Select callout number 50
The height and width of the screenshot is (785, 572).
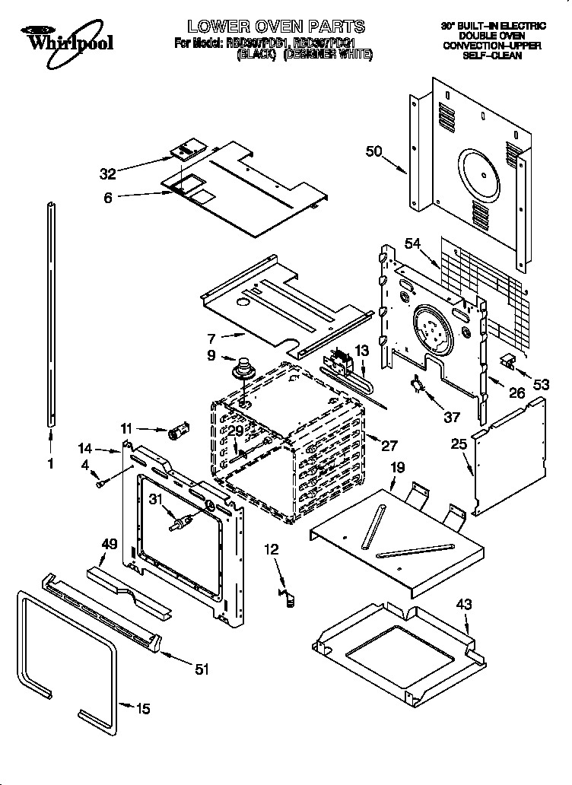(x=373, y=151)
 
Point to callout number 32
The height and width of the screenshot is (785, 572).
(x=109, y=173)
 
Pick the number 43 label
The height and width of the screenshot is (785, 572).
(x=464, y=605)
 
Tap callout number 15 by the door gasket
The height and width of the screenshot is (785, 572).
(x=142, y=709)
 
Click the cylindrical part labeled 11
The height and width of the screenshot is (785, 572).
(x=179, y=433)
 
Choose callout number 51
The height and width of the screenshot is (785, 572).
(x=202, y=669)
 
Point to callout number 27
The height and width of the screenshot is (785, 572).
(x=390, y=445)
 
